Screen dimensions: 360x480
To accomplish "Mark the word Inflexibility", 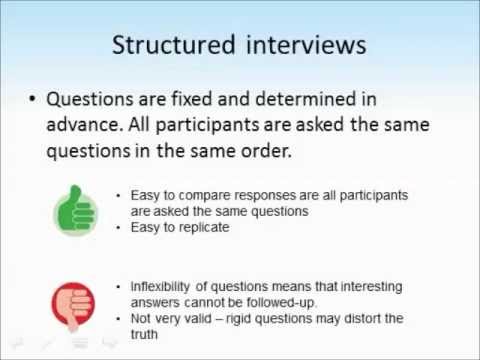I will [x=163, y=287].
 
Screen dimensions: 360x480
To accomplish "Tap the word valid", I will [x=210, y=319].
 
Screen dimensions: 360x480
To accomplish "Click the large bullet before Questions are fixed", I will [x=34, y=100].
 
